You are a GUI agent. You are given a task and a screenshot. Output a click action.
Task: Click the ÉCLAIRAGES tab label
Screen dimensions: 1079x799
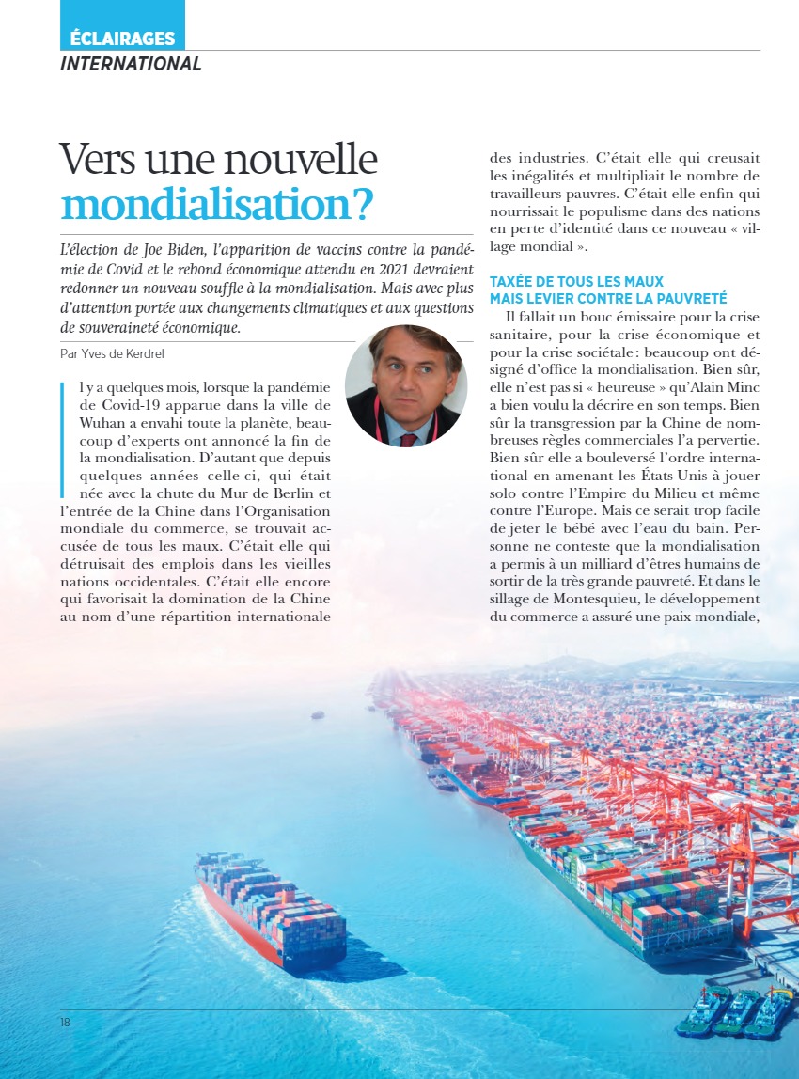pyautogui.click(x=122, y=39)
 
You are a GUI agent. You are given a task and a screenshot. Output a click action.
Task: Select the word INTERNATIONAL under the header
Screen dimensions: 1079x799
pyautogui.click(x=131, y=64)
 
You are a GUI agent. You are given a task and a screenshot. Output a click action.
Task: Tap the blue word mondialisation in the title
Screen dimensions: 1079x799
pyautogui.click(x=215, y=204)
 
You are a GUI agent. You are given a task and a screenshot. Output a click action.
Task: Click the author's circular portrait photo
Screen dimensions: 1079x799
pyautogui.click(x=405, y=385)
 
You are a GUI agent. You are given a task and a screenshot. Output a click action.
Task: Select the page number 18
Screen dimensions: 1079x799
pyautogui.click(x=65, y=1022)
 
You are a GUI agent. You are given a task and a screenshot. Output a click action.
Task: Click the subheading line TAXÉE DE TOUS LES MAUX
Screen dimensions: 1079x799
pyautogui.click(x=576, y=282)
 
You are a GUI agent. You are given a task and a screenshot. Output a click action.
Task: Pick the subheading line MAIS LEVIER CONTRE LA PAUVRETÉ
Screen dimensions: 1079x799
pyautogui.click(x=608, y=298)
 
